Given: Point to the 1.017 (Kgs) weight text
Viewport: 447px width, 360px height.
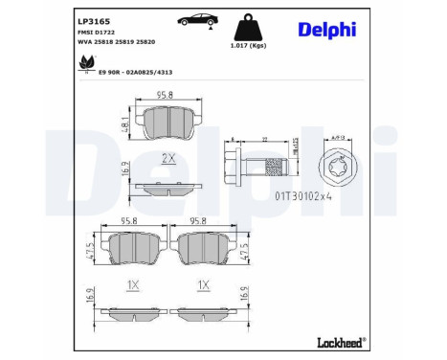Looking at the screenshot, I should tap(247, 45).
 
